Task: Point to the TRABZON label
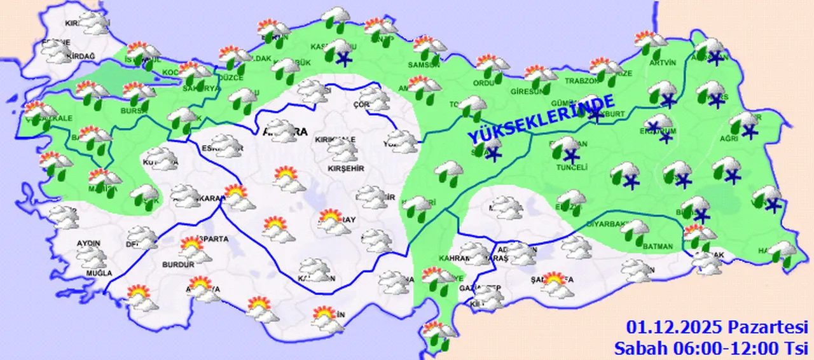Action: point(582,81)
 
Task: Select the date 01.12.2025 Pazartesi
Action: point(717,328)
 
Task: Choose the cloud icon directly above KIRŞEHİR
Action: point(342,149)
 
